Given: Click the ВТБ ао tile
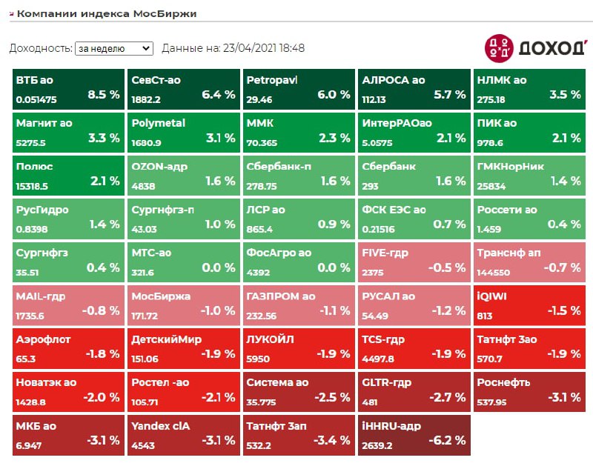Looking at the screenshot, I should click(68, 87).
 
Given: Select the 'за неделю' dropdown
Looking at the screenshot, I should click(113, 48).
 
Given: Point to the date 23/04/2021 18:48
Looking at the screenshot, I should click(263, 48).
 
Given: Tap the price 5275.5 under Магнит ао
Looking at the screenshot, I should click(31, 143).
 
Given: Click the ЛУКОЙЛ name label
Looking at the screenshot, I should click(271, 339).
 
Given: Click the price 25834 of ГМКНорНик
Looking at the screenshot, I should click(493, 186).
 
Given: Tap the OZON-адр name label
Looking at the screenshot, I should click(158, 167).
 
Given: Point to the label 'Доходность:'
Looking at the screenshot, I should click(40, 48).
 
